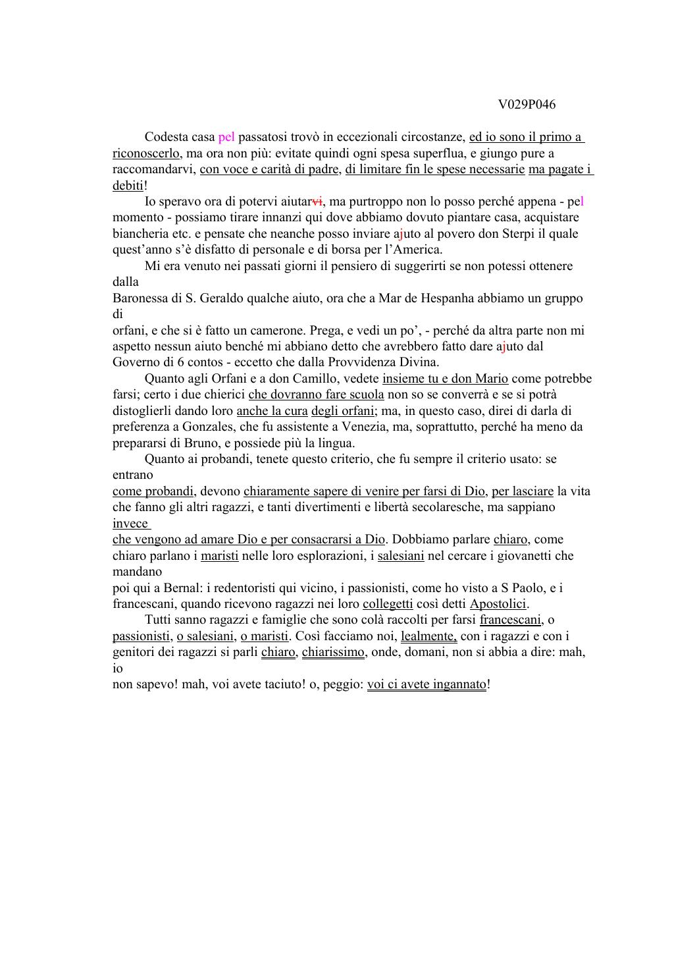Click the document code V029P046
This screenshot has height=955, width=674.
[527, 105]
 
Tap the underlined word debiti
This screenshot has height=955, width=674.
[128, 186]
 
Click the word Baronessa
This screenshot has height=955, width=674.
[140, 298]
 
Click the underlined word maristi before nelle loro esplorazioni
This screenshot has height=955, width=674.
[219, 556]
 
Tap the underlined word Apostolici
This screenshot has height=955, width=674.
[498, 604]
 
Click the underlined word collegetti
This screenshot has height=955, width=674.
[388, 604]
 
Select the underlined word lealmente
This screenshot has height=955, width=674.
[428, 636]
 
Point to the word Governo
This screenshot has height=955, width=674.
[136, 362]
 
